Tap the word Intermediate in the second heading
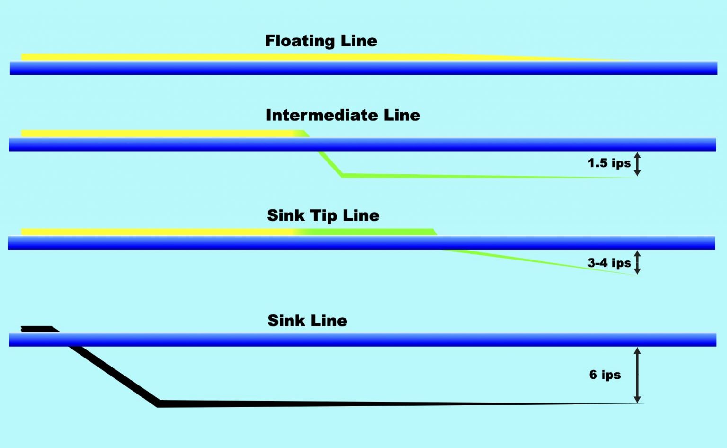point(322,115)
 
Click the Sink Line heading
point(307,321)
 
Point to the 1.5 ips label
point(609,163)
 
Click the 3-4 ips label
point(609,263)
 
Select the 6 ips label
point(604,375)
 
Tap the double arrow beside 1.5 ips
point(638,164)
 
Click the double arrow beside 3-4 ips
point(638,262)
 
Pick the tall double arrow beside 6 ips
point(638,375)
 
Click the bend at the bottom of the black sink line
point(159,403)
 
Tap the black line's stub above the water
point(37,328)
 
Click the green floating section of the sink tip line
point(369,232)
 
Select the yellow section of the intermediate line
point(156,134)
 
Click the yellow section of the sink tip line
point(156,232)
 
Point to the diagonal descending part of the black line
point(114,374)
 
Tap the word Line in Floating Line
point(359,41)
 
